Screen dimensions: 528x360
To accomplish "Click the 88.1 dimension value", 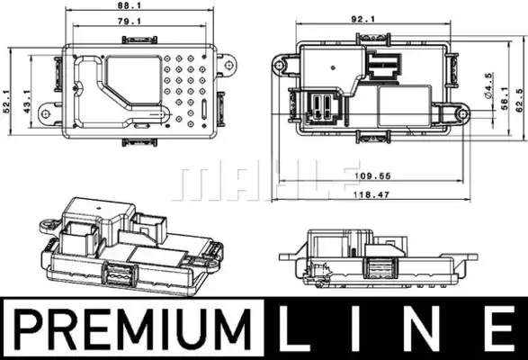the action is coord(130,5).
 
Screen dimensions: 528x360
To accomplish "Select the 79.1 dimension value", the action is coord(130,21).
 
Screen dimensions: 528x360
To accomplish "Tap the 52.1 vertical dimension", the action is coord(6,102).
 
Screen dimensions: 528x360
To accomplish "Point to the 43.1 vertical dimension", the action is coord(27,102).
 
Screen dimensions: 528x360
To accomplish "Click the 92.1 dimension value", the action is coord(363,19).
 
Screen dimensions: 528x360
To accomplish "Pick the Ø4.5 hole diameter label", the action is coord(488,85).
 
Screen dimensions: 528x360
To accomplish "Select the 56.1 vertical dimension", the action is coord(505,98).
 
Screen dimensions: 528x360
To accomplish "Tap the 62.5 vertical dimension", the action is coord(520,100).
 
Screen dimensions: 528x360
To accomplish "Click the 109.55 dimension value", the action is coord(372,175).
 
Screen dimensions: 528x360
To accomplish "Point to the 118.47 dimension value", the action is coord(371,194).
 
